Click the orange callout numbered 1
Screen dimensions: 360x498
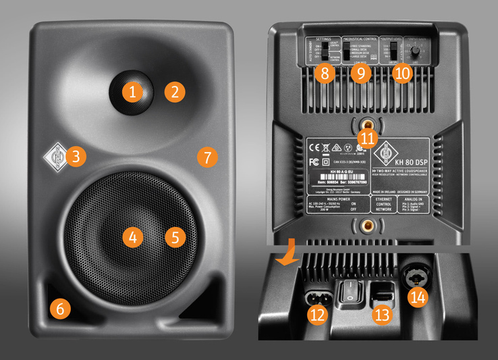click(133, 91)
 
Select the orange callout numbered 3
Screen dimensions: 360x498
click(76, 157)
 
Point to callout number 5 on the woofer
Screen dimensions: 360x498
click(175, 237)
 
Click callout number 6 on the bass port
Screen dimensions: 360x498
click(59, 309)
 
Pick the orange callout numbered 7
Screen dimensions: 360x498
click(207, 157)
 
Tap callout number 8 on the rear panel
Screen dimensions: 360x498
click(325, 73)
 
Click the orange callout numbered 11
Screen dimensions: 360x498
click(366, 137)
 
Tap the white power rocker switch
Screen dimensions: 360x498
click(349, 292)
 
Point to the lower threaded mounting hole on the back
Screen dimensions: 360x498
click(366, 224)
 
